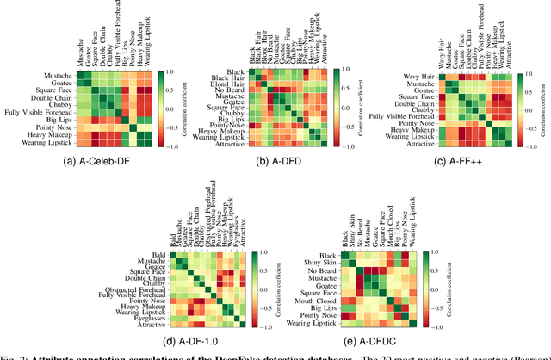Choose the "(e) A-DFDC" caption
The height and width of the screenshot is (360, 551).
(x=366, y=340)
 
